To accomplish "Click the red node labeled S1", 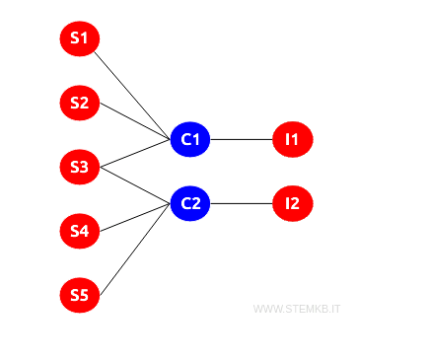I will pos(79,39).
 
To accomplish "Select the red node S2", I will pos(79,103).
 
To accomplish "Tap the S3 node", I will pos(79,167).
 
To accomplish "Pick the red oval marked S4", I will pos(79,232).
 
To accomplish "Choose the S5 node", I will pos(79,295).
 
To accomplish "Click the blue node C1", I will pos(190,140).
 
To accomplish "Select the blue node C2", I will pos(190,204).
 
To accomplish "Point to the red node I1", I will pos(292,140).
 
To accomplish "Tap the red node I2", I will pos(292,204).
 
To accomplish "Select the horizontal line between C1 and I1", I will pos(242,140).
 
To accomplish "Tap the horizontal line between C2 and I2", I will pos(242,204).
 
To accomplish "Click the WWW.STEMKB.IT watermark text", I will pos(298,309).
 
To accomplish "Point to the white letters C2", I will pos(190,204).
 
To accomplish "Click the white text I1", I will pos(292,140).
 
